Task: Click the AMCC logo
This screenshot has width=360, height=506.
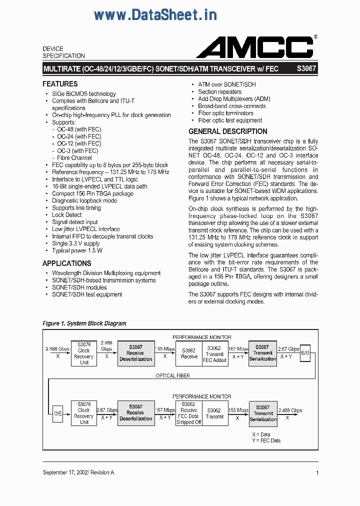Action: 255,48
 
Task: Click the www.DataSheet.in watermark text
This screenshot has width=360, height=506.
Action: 155,15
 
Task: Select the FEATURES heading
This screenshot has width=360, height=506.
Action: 60,84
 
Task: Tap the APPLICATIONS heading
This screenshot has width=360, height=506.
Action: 66,263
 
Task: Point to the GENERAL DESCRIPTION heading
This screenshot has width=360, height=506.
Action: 227,131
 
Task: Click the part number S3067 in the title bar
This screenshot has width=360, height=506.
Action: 306,68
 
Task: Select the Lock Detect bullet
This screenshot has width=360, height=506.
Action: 67,215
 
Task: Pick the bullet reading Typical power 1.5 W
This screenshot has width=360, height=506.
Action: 77,250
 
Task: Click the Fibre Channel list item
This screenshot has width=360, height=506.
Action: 74,158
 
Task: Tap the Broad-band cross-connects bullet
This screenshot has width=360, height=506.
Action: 232,106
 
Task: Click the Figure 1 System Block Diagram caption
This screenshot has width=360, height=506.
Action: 84,323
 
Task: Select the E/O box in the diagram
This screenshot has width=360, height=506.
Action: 305,353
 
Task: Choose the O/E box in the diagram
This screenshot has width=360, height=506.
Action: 58,413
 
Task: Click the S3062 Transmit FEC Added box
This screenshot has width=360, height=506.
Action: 214,354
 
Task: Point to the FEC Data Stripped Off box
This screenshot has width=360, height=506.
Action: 188,413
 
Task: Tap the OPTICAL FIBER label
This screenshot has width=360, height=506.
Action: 172,375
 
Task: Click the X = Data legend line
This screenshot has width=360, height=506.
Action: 261,434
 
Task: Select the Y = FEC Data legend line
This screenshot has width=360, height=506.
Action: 266,440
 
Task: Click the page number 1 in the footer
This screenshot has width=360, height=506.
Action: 317,472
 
